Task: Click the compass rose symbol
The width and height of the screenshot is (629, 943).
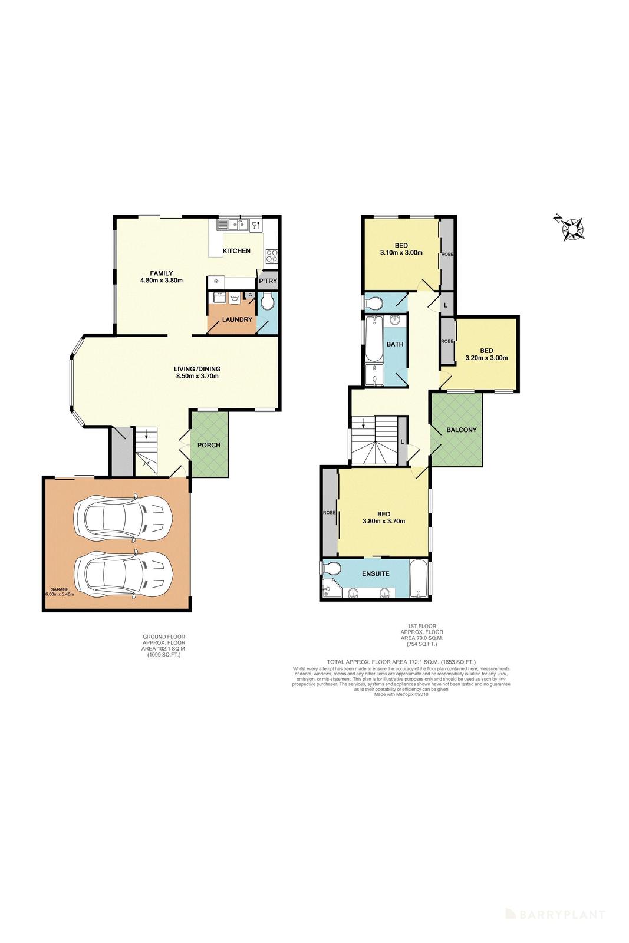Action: pos(572,229)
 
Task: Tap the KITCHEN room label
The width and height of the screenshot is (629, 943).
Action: pos(236,251)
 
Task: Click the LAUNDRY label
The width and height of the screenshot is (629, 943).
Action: pos(237,319)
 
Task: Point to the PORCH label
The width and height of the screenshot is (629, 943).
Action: pos(209,444)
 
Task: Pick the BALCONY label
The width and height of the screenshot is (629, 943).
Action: pos(461,430)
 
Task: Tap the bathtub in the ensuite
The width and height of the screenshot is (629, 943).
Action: pos(419,579)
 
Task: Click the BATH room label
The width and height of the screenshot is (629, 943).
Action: pos(394,344)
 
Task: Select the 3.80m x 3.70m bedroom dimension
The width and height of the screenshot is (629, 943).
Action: pos(383,520)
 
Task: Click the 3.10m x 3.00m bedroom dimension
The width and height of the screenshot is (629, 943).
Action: pos(401,253)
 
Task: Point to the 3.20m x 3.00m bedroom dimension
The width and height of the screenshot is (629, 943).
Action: pos(486,357)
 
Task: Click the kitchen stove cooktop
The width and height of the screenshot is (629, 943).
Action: pos(272,255)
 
